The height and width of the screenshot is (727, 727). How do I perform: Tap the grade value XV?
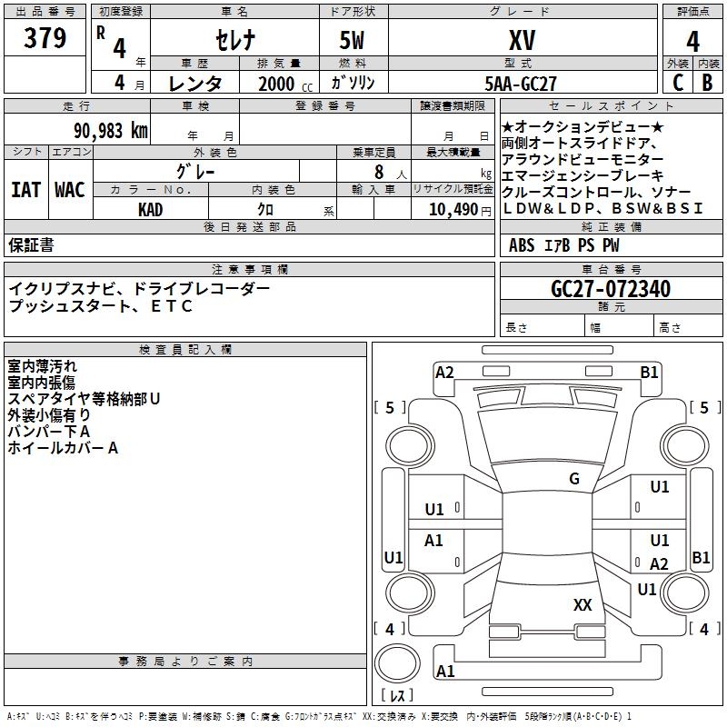522,40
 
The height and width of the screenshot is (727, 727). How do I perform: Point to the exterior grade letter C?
678,82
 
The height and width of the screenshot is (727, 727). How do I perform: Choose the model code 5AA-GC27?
521,83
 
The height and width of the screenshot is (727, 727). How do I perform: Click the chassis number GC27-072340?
611,289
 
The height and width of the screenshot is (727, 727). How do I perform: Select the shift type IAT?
25,190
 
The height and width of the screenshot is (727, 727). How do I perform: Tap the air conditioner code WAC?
69,190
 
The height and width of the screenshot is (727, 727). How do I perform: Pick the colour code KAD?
151,210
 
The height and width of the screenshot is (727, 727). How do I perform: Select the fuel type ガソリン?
354,83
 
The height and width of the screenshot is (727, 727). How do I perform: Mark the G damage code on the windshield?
573,479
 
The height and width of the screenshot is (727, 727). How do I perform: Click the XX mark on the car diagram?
583,604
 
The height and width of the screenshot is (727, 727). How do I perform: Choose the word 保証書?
31,244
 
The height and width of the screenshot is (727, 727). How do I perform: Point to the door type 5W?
354,40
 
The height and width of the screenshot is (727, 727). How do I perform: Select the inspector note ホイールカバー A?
63,448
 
